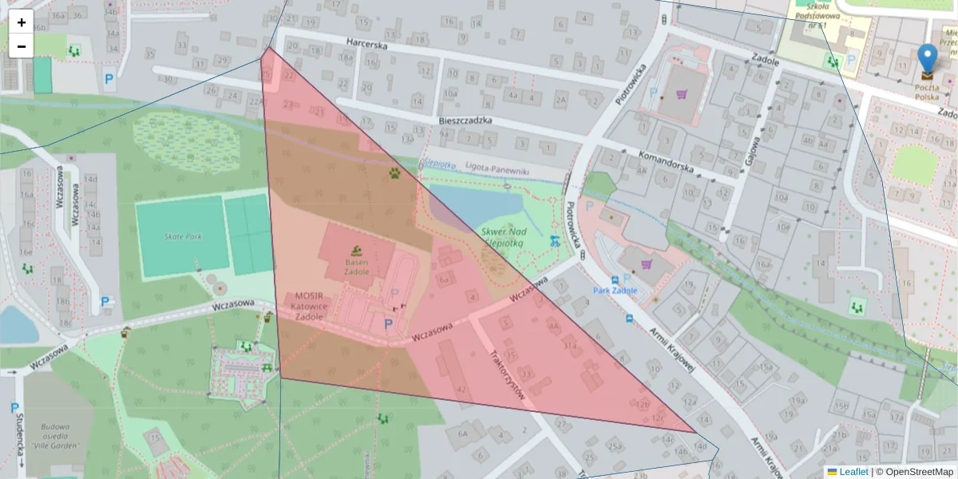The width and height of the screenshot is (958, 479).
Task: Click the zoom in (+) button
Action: tap(22, 22)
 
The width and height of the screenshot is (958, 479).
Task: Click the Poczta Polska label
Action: tap(928, 91)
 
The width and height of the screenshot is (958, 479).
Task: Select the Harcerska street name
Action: tap(366, 46)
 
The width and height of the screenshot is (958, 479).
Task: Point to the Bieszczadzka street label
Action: tap(465, 120)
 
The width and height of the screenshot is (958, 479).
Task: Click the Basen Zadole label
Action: tap(357, 267)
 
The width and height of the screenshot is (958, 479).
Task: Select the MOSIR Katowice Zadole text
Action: tap(308, 305)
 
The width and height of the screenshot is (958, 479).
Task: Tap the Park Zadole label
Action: tap(615, 291)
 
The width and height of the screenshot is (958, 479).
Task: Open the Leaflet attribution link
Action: tap(853, 472)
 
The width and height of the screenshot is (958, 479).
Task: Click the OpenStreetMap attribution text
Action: tap(920, 472)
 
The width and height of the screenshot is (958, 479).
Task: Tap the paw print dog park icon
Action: tap(394, 171)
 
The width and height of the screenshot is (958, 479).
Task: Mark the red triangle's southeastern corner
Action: tap(695, 432)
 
